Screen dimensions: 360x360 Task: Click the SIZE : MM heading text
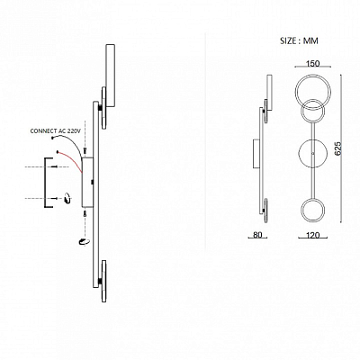299,40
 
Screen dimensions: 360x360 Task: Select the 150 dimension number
312,63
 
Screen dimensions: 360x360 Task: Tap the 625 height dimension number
337,148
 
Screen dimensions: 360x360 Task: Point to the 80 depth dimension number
257,235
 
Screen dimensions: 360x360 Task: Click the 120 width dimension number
313,235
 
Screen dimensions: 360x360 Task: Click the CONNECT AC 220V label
56,131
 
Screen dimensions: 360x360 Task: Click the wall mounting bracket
46,183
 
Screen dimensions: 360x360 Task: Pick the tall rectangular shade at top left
110,76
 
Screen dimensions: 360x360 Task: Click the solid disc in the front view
313,153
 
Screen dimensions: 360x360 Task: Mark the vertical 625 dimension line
341,148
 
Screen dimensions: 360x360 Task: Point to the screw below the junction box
85,213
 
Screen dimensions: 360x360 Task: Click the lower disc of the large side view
103,282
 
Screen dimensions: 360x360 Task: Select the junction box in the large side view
87,182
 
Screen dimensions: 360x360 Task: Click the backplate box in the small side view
256,154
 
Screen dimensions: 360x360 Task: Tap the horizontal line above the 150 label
313,67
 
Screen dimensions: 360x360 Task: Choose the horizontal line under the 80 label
257,238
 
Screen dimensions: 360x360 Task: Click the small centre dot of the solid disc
313,153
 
